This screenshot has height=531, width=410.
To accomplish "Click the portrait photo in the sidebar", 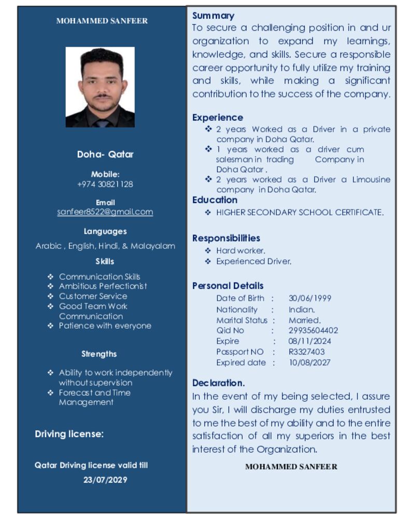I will tap(100, 87).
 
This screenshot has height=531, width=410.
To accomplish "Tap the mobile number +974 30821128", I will tap(105, 184).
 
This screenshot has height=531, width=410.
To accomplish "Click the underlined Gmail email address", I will tap(105, 212).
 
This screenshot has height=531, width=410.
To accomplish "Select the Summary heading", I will tap(213, 16).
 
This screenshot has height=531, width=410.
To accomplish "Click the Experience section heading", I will tap(217, 117).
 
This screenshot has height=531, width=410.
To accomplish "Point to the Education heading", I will tap(215, 200).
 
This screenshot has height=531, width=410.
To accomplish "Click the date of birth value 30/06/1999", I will tap(309, 298).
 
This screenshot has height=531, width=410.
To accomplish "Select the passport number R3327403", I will tap(306, 352).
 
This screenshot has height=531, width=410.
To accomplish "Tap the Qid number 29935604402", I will tap(313, 330).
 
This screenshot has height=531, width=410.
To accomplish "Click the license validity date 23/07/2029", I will tap(105, 480).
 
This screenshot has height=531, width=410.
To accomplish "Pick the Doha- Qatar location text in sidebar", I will tap(105, 154).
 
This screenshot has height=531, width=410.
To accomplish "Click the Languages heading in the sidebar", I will tap(105, 231).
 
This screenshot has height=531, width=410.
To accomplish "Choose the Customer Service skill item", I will tap(93, 296).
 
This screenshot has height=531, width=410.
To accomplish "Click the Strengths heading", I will tap(99, 354).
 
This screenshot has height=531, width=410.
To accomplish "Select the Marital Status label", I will tap(242, 320).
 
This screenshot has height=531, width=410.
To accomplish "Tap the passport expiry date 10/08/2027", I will tap(309, 362).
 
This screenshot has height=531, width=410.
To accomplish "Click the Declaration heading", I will tap(218, 383).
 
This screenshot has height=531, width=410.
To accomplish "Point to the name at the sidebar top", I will tap(102, 21).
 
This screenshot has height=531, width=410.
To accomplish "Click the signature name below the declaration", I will tap(291, 466).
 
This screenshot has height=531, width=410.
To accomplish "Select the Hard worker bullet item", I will tap(241, 250).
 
